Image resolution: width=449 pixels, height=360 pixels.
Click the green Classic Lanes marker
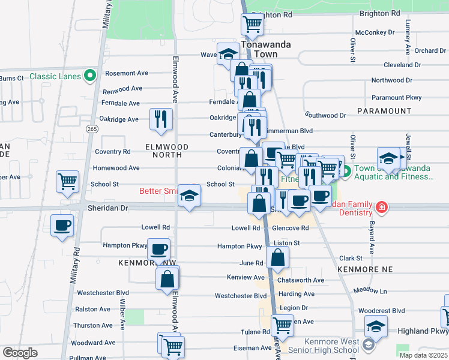tap(90, 76)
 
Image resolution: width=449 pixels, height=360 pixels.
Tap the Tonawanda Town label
tap(259, 49)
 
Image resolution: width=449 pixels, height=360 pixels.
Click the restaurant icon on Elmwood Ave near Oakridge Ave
tap(160, 118)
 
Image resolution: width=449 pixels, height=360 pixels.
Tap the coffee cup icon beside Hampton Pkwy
tap(158, 248)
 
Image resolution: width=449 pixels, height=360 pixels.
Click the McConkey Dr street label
tap(375, 32)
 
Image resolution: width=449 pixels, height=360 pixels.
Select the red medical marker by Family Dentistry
tap(381, 208)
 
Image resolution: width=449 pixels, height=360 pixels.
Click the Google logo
tap(20, 353)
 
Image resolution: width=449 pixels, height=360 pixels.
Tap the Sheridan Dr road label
tap(109, 208)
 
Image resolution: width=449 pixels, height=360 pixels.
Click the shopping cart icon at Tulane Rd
tap(282, 325)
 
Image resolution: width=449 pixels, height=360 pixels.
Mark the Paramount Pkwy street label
tap(396, 97)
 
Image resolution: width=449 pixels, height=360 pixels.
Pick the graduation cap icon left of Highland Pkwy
tap(376, 327)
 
